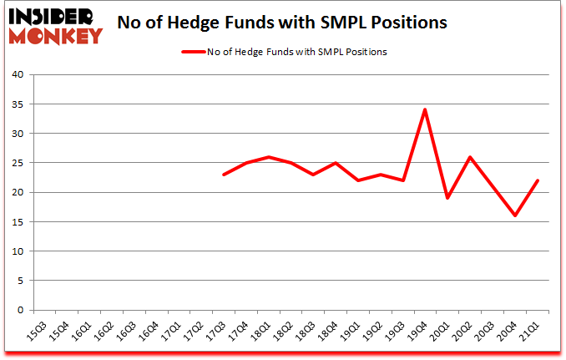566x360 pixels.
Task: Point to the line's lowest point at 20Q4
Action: [514, 215]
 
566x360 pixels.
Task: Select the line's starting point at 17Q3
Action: [224, 174]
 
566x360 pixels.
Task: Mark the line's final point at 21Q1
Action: [537, 180]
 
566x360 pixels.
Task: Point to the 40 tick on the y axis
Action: [20, 75]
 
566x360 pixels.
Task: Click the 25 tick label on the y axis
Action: [20, 163]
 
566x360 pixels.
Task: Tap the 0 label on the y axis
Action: [23, 310]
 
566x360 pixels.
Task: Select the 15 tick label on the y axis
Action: [20, 222]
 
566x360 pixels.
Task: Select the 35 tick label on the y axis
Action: [20, 104]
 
